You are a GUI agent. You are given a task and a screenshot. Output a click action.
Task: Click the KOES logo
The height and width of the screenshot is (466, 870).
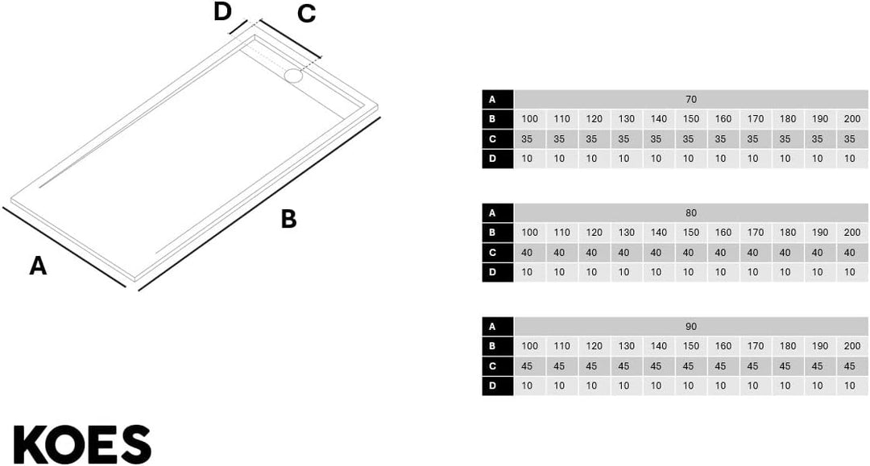[82, 444]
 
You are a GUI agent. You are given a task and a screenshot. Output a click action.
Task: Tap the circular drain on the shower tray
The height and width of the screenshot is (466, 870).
[293, 76]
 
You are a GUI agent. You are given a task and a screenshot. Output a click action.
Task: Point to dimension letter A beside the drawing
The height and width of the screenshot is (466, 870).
[38, 266]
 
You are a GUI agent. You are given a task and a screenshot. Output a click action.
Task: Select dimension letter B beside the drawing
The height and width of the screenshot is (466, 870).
[288, 219]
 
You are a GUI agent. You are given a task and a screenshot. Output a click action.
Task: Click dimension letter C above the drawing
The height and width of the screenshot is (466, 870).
[306, 14]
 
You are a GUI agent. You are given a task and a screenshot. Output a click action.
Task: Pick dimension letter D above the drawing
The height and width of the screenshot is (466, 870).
[222, 11]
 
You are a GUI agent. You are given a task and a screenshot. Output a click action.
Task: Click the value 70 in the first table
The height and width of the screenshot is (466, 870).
[691, 100]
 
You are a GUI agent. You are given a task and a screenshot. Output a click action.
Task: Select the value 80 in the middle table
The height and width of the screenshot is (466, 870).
[691, 213]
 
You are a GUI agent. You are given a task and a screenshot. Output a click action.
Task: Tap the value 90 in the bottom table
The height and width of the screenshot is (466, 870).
[691, 327]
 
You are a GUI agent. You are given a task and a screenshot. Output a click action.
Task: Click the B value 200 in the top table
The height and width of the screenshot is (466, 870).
[852, 119]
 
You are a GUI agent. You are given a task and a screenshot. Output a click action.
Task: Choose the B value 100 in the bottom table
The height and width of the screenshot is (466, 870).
[530, 346]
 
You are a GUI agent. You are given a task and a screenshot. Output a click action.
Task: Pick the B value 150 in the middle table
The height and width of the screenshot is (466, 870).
[691, 233]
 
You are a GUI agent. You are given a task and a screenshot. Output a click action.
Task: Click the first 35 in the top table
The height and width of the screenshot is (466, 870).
[527, 139]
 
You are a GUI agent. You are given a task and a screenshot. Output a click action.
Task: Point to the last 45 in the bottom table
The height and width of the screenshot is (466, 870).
[850, 366]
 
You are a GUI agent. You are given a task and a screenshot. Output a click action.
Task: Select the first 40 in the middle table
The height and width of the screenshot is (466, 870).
[527, 253]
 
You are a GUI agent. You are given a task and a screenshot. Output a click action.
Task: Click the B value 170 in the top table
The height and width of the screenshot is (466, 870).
[756, 119]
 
